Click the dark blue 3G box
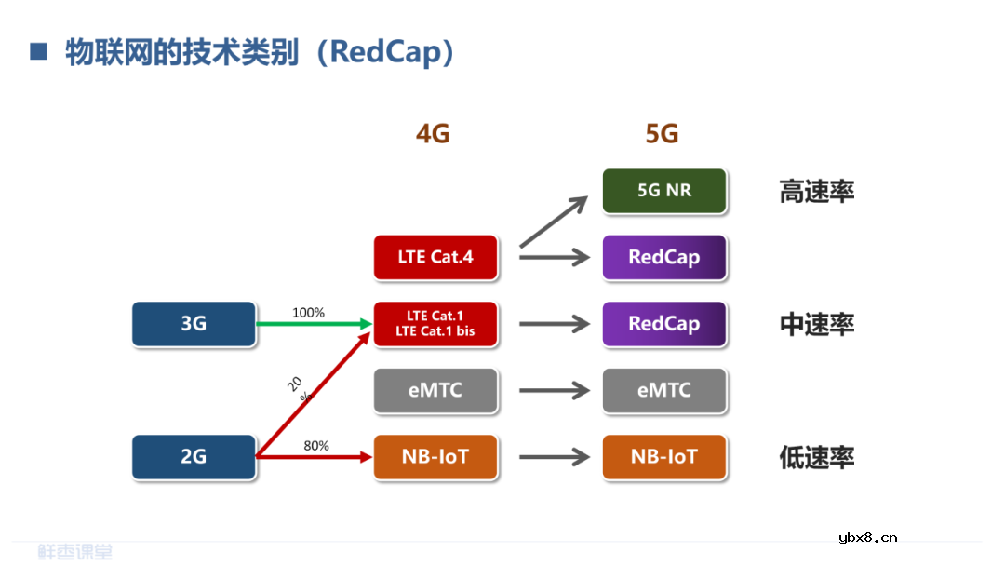[194, 324]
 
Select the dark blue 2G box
[194, 457]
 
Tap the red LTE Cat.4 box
[435, 257]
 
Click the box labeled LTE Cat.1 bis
[435, 324]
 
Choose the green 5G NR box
[664, 190]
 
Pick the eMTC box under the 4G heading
[435, 390]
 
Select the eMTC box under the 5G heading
[664, 390]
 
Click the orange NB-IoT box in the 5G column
[664, 457]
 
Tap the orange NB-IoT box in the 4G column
[435, 457]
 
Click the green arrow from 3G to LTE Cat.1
[312, 324]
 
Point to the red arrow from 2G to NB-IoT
[312, 457]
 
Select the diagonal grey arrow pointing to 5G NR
[554, 222]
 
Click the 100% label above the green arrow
[308, 313]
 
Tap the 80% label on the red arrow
[316, 446]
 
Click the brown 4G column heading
[433, 134]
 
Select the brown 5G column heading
[662, 134]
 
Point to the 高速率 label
[816, 192]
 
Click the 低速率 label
[816, 458]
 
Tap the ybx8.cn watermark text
[867, 537]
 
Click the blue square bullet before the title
[38, 51]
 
